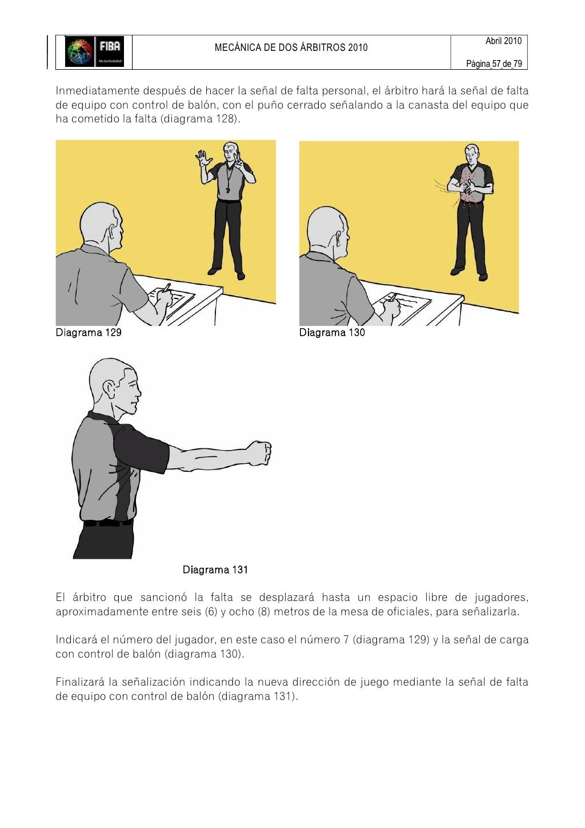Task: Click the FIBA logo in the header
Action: click(94, 52)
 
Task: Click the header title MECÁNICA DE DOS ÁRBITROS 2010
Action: click(291, 48)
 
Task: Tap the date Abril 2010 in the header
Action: click(503, 41)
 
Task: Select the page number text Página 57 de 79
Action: click(494, 64)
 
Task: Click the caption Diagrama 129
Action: click(89, 333)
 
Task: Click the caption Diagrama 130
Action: click(332, 333)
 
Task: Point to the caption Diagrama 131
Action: click(215, 570)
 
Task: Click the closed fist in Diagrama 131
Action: click(259, 452)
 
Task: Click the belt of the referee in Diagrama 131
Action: click(109, 523)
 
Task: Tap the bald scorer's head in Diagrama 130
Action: click(327, 229)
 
